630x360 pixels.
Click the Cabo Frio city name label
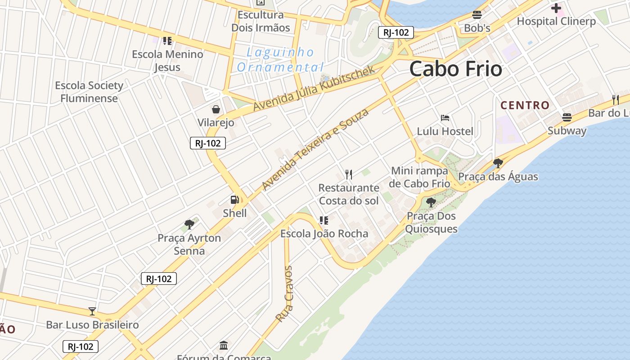coord(455,69)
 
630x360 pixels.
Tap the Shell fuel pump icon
coord(234,200)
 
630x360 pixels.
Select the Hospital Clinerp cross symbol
coord(556,8)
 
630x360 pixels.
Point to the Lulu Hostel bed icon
coord(445,118)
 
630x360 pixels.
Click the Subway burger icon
coord(567,117)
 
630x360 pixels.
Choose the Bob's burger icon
coord(477,15)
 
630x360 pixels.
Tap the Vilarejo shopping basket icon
coord(216,109)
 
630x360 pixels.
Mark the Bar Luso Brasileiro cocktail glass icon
coord(92,311)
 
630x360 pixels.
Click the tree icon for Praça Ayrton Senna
coord(189,224)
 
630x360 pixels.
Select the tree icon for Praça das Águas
coord(498,163)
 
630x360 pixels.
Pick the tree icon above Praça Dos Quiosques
coord(431,202)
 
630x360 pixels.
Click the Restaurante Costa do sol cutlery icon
coord(349,174)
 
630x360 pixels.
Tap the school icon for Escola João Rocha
coord(324,220)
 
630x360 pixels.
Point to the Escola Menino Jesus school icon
coord(167,41)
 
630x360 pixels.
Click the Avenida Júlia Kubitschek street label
coord(314,88)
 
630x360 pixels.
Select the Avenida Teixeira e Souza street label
coord(315,148)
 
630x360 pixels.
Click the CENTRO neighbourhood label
coord(525,105)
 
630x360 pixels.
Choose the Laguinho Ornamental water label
coord(280,60)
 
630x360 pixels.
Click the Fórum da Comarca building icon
coord(224,346)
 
